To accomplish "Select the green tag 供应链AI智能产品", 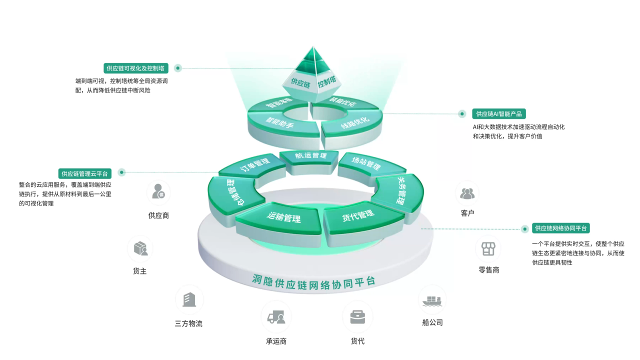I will click(x=499, y=114).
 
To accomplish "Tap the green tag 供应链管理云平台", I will click(x=85, y=173).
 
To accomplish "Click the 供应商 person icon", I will click(x=158, y=192).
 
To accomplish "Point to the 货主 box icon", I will click(x=140, y=248).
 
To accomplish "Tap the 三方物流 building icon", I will click(x=189, y=299).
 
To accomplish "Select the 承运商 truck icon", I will click(x=276, y=317).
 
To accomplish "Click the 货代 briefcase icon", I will click(x=357, y=316).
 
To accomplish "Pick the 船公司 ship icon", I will click(x=432, y=300).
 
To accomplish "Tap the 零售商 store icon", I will click(x=488, y=248).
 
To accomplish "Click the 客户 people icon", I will click(x=467, y=192).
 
